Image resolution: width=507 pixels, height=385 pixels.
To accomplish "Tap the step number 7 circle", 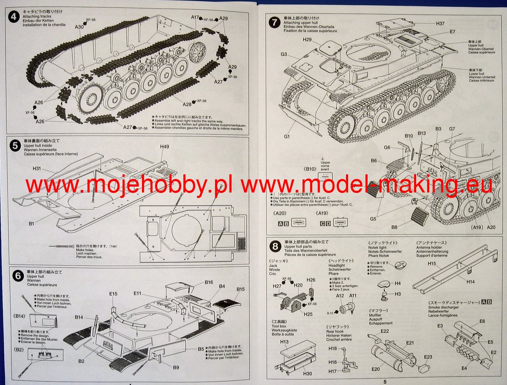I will click(x=275, y=22).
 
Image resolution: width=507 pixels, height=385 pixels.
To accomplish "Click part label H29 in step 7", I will click(x=307, y=39).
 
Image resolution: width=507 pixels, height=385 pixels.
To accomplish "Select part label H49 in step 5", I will click(x=164, y=146).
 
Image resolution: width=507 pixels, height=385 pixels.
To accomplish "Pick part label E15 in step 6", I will click(x=113, y=293).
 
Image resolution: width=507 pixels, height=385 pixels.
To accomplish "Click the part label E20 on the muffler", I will click(x=376, y=369).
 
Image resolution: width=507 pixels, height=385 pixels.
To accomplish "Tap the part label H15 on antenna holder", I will click(x=431, y=263).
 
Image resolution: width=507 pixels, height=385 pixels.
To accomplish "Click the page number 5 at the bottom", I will click(x=385, y=382).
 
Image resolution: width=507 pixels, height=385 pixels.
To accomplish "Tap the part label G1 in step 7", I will click(x=287, y=136).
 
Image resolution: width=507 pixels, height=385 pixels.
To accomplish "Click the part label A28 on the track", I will click(x=187, y=104).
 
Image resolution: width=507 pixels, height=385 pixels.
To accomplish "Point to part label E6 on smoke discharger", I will click(x=482, y=321).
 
